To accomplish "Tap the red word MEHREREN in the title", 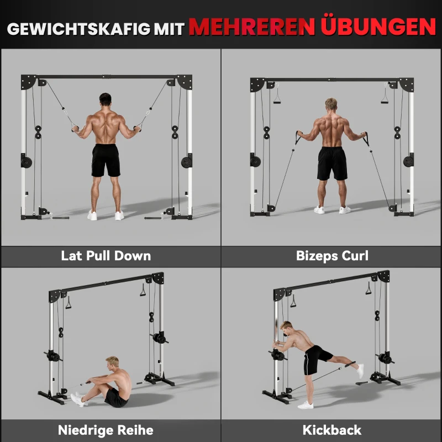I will coord(249,27).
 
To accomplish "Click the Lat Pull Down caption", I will coord(106,256).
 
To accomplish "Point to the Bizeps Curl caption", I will coord(332,256).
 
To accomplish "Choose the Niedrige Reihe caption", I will coord(106,429).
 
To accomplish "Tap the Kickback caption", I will coord(332,429).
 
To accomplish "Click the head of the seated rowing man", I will coord(112,364).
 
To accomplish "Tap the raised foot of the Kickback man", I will coord(360,371).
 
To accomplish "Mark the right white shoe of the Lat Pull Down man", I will coord(119,215).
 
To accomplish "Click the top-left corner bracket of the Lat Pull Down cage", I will coord(29,82).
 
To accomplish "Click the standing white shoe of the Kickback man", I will coord(306,404).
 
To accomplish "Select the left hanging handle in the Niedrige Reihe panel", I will coord(69,303).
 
